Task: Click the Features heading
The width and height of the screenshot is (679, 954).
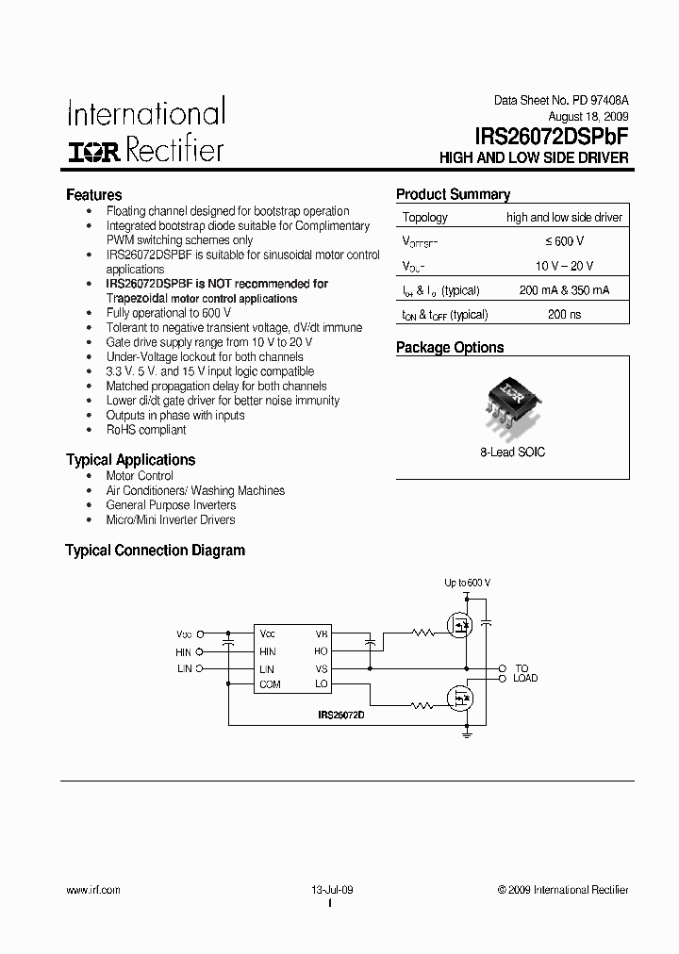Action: pos(93,195)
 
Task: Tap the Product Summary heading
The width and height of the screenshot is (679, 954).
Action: pos(453,195)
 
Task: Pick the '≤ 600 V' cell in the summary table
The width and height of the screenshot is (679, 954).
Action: pos(564,241)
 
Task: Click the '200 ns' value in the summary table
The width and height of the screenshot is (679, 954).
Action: pos(564,314)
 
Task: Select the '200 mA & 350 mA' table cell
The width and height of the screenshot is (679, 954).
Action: pos(564,290)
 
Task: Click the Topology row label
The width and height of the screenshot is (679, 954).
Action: pos(425,218)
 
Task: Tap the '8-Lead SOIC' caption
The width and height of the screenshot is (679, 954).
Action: pos(512,452)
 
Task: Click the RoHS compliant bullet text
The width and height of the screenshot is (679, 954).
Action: pos(146,430)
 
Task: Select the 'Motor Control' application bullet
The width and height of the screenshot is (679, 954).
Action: pos(140,476)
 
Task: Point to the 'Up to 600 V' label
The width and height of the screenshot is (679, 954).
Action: pos(467,584)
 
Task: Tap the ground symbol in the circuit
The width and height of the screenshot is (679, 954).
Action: pos(467,730)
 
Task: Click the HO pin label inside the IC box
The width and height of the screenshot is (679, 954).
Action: pos(322,650)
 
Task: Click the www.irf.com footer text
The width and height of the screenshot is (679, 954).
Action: pos(93,890)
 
